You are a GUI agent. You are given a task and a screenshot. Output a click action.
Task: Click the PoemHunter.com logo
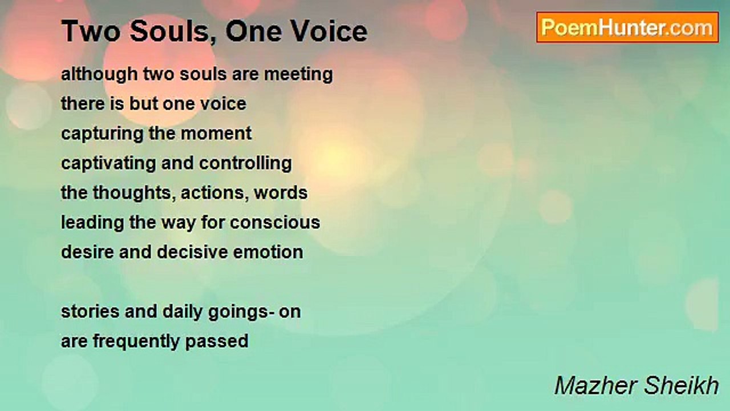(627, 27)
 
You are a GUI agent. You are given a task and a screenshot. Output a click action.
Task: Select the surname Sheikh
(682, 385)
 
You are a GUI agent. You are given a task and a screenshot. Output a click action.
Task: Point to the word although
(99, 75)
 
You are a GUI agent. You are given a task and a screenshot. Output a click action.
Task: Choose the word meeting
(298, 75)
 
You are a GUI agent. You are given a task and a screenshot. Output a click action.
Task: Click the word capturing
(102, 134)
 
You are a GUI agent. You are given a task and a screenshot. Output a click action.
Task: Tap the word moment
(216, 134)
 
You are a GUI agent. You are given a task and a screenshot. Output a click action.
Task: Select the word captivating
(108, 164)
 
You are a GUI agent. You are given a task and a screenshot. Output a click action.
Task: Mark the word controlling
(245, 164)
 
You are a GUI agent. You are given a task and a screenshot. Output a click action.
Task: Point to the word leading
(92, 223)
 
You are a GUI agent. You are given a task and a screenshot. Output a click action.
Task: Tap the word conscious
(275, 223)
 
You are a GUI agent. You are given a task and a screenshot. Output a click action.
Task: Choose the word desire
(88, 252)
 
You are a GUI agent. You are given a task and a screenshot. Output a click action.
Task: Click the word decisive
(192, 252)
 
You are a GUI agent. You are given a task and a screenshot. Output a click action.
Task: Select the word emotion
(268, 252)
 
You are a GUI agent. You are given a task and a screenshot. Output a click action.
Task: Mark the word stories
(90, 312)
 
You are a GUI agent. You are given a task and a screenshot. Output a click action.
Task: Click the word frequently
(136, 342)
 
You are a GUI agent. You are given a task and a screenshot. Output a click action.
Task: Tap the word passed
(217, 342)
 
